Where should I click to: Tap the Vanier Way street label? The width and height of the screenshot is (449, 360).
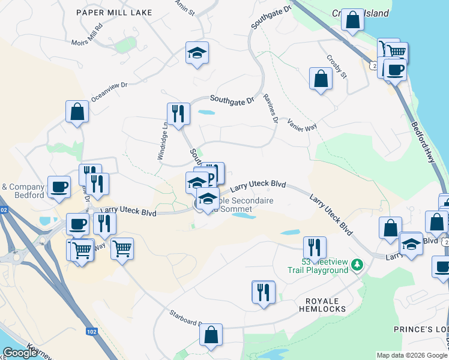tap(302, 124)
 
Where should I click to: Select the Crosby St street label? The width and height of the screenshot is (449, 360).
tap(336, 67)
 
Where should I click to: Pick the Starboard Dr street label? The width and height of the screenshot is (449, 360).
tap(183, 317)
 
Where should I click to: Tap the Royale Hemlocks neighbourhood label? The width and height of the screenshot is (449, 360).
tap(322, 305)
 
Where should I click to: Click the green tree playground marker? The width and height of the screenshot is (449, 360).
tap(357, 264)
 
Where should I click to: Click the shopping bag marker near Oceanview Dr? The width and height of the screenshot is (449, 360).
tap(77, 111)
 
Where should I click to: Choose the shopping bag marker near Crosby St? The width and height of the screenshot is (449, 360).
tap(321, 78)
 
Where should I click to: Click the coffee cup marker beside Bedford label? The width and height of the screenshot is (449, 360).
tap(58, 188)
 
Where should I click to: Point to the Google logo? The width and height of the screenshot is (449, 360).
tap(20, 353)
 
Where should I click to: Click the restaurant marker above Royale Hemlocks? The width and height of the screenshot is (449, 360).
tap(263, 292)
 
